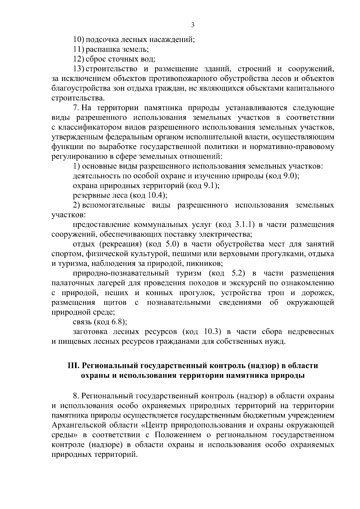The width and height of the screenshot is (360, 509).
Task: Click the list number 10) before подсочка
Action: coord(79,40)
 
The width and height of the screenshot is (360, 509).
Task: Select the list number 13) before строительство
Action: coord(79,69)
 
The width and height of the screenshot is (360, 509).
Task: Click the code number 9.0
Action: coord(290,176)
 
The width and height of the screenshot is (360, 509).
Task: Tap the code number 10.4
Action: coord(155,196)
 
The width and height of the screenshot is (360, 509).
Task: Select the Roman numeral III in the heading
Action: coord(73,366)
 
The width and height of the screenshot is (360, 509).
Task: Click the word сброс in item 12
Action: coord(94,59)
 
